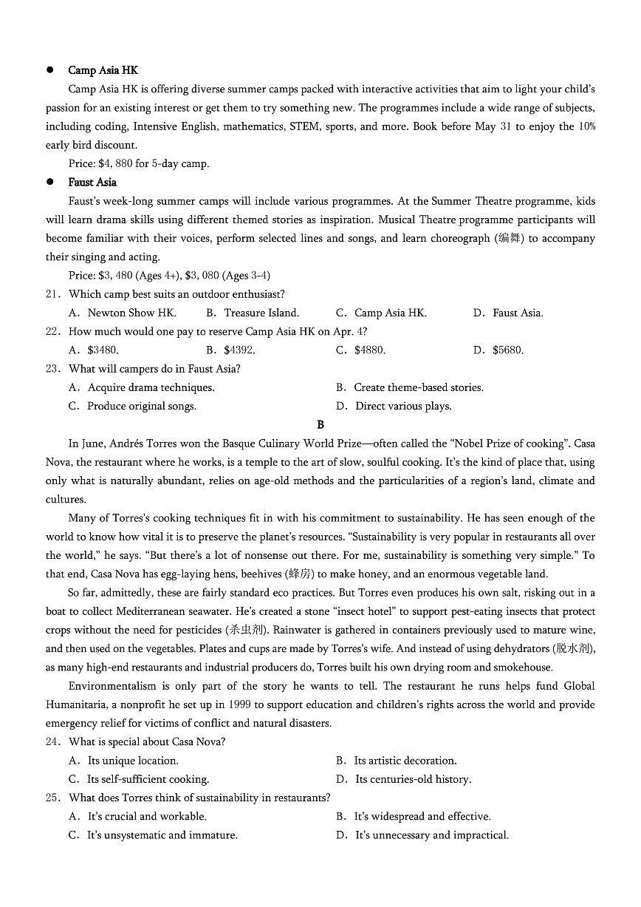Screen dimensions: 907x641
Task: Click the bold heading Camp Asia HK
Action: pyautogui.click(x=103, y=70)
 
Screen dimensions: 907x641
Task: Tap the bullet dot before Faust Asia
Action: pyautogui.click(x=50, y=182)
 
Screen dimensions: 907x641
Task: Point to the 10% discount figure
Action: pyautogui.click(x=586, y=126)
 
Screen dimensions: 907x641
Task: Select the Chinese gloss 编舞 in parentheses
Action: pyautogui.click(x=509, y=238)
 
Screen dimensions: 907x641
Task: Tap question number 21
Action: pyautogui.click(x=52, y=294)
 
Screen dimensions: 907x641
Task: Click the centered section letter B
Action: pyautogui.click(x=320, y=424)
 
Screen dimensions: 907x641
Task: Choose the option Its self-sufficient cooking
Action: pyautogui.click(x=148, y=779)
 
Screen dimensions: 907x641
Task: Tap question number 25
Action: pyautogui.click(x=52, y=798)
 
